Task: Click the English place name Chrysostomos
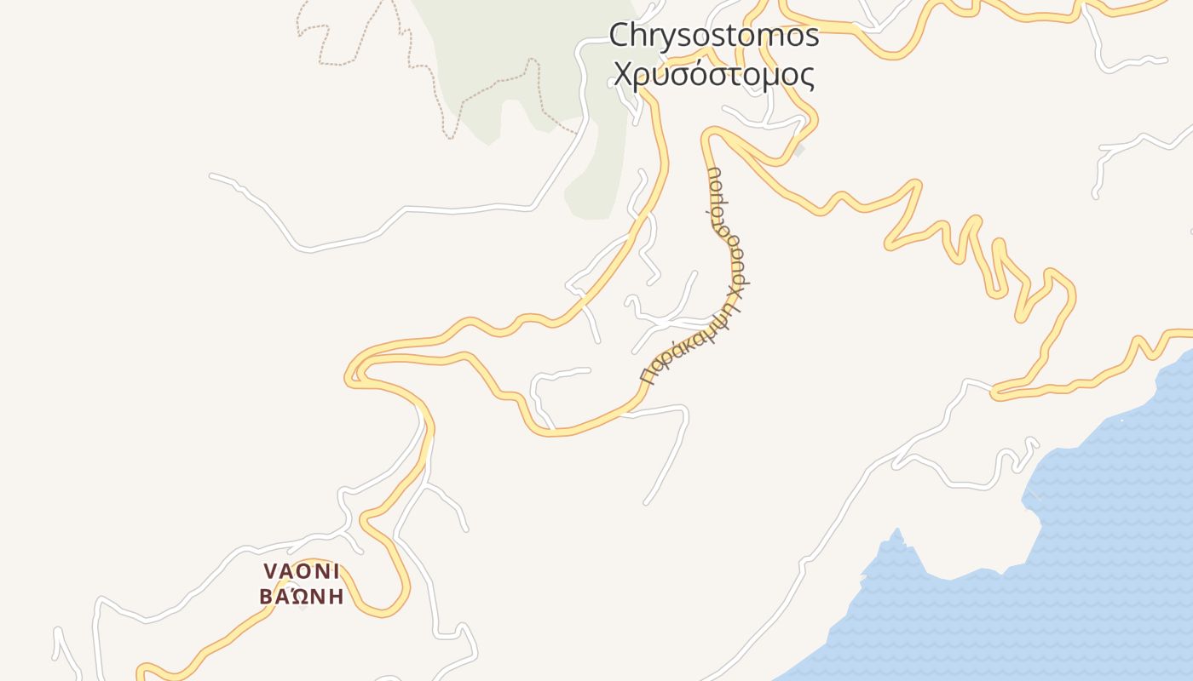click(713, 36)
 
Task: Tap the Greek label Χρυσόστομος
click(713, 75)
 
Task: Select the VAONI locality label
click(302, 570)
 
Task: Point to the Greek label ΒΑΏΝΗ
click(302, 596)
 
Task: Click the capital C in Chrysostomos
click(620, 36)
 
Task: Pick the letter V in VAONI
click(270, 570)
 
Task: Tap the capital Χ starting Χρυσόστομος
click(620, 76)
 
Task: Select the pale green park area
click(520, 51)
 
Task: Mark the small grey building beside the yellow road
click(798, 151)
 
